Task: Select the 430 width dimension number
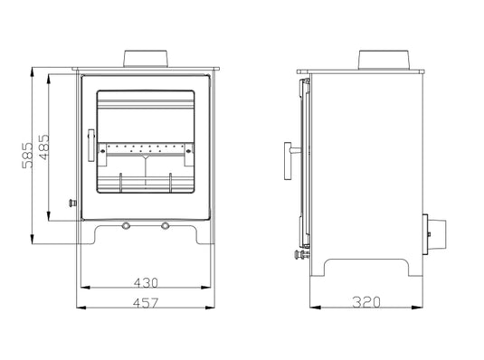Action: click(x=147, y=281)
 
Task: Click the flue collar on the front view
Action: click(x=146, y=59)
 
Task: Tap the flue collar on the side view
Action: click(x=389, y=60)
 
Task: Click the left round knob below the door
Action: click(x=127, y=224)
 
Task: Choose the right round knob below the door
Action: click(x=166, y=224)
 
